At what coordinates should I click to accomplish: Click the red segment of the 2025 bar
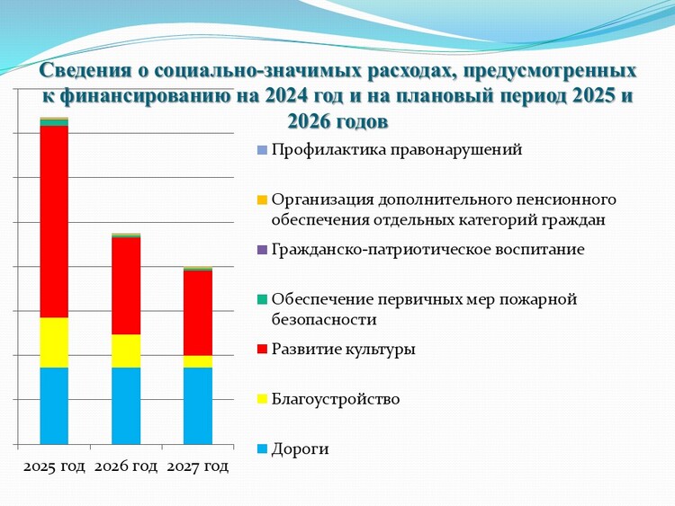(54, 222)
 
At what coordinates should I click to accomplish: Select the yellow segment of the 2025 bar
(54, 342)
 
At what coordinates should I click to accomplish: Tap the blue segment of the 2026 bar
(126, 406)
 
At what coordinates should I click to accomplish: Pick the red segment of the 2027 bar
(198, 313)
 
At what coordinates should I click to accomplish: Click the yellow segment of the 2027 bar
(198, 361)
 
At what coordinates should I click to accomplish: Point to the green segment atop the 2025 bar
(54, 123)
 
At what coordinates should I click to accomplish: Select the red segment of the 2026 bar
(126, 286)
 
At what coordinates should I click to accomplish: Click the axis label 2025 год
(54, 466)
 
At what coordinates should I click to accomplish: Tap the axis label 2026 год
(126, 466)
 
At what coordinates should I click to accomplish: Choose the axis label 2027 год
(198, 466)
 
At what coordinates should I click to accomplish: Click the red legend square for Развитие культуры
(262, 349)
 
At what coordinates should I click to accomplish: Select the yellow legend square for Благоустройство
(262, 399)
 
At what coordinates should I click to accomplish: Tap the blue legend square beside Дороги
(262, 448)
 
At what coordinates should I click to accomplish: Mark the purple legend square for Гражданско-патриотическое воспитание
(262, 249)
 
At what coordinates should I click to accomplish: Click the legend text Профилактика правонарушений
(397, 150)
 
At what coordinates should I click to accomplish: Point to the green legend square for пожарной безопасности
(262, 299)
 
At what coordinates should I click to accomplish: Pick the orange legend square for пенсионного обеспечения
(262, 200)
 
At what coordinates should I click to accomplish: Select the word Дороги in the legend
(300, 449)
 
